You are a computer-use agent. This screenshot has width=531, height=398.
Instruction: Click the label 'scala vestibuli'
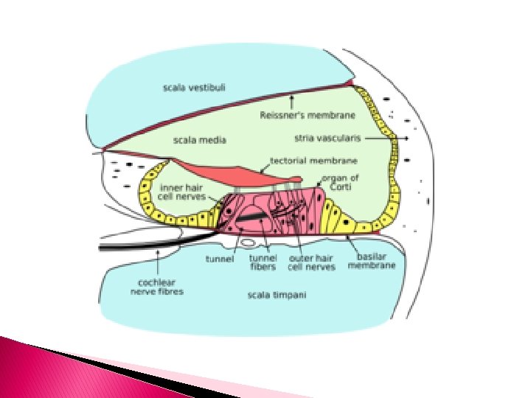(x=195, y=88)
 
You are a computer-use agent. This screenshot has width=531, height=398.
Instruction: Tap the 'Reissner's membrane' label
(x=308, y=115)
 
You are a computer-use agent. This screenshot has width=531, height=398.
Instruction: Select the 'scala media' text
(x=199, y=139)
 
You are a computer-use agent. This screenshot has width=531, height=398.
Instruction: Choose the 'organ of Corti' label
(x=340, y=183)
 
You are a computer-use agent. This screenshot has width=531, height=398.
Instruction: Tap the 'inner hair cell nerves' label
(x=182, y=192)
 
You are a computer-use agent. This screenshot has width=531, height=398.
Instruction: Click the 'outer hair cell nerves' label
(x=311, y=262)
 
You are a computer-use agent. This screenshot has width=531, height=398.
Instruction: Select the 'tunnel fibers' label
(x=263, y=262)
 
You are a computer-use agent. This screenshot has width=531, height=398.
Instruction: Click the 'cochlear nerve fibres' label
(x=157, y=287)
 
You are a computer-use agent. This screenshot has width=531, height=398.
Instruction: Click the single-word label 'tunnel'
(x=220, y=259)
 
